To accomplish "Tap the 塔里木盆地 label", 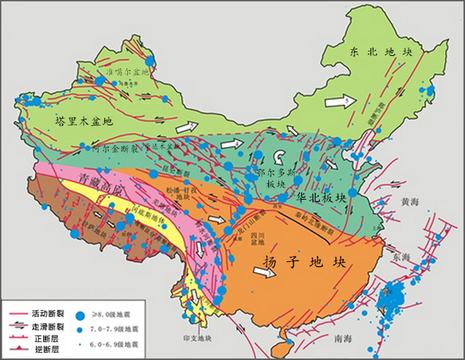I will (84, 122).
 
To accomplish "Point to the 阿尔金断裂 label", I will (117, 147).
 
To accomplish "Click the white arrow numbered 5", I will (339, 102).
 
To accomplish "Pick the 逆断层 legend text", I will (48, 350).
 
